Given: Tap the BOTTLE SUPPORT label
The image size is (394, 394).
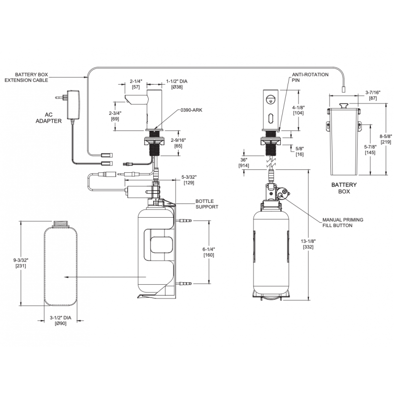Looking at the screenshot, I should coord(206,204).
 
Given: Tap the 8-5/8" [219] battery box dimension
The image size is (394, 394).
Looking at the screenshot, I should coord(385,139).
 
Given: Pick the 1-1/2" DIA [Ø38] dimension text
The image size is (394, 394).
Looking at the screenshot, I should coord(177,84).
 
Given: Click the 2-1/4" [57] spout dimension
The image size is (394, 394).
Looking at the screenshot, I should coord(136,84).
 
